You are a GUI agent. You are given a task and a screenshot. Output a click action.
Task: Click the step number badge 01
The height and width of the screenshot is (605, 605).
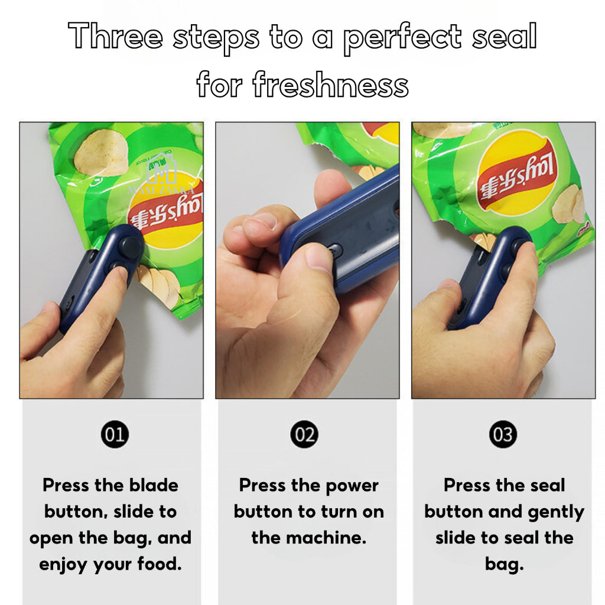click(114, 435)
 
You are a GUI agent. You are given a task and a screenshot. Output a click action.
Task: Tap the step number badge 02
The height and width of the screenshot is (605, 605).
click(304, 435)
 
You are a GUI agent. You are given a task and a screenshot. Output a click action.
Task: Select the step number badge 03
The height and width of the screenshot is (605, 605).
click(503, 435)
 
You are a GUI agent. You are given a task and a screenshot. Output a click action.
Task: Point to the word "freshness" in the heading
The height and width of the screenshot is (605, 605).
click(330, 85)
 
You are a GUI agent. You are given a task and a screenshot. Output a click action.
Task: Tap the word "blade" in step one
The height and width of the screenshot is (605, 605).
click(150, 485)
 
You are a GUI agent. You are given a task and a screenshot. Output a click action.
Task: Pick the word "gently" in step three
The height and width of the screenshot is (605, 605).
click(553, 512)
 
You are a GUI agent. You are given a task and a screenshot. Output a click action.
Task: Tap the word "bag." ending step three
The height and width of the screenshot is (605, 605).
click(504, 564)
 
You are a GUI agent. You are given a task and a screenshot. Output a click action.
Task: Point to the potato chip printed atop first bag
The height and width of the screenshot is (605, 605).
click(100, 153)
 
